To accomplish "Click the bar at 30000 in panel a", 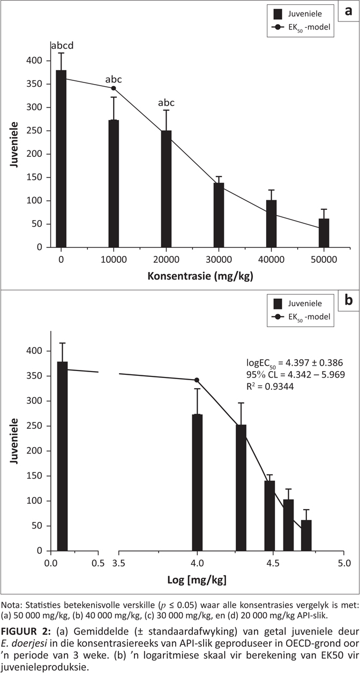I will coord(219,215).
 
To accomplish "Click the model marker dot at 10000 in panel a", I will coord(114,88).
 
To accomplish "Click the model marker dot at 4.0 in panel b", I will coord(197,380).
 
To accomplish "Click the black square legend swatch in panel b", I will coord(277,304).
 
